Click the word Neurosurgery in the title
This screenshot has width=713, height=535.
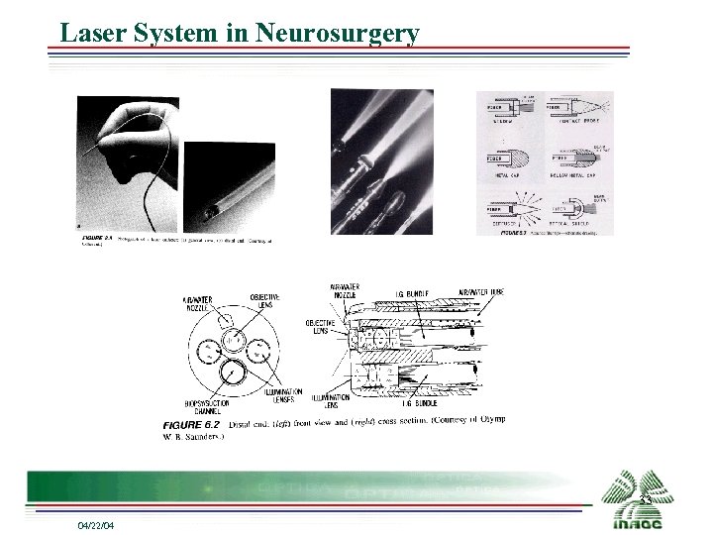(x=337, y=32)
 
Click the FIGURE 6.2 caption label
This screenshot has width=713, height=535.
(x=188, y=423)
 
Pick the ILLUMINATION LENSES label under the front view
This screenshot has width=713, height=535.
(x=283, y=394)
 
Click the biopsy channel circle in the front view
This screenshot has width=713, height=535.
(x=234, y=372)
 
